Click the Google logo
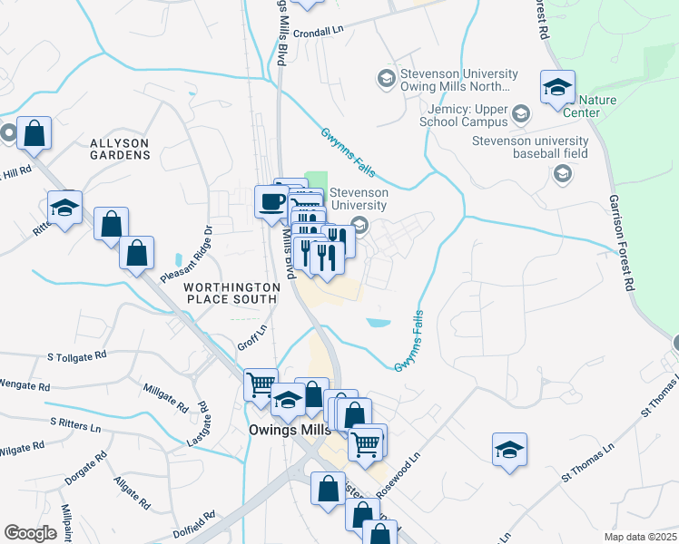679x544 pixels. [31, 533]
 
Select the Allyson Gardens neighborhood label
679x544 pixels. [120, 149]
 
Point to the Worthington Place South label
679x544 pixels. [231, 292]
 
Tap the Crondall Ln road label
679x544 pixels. [321, 30]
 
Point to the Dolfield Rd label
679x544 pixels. [196, 527]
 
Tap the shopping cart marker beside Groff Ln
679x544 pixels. [261, 384]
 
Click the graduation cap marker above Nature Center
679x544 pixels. [556, 88]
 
